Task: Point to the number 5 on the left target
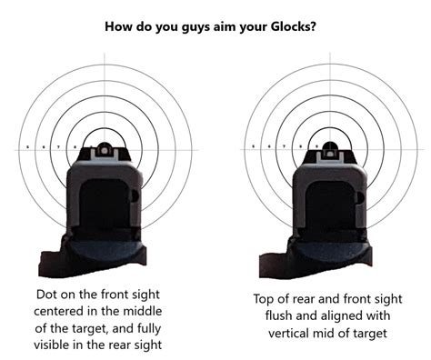28,146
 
